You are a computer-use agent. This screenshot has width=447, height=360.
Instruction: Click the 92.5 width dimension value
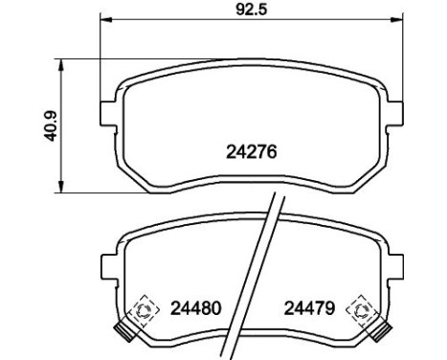click(x=251, y=9)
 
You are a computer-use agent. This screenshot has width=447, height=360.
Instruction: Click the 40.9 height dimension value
click(x=51, y=126)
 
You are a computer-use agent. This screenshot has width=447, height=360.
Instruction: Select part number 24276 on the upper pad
click(x=252, y=151)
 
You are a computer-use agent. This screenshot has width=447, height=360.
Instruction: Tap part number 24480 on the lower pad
click(x=195, y=308)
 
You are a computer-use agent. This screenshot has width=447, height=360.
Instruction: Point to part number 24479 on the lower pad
click(x=309, y=308)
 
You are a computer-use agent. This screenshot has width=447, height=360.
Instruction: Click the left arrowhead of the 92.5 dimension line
click(x=106, y=20)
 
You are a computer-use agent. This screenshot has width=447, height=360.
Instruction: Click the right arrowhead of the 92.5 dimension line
click(x=397, y=20)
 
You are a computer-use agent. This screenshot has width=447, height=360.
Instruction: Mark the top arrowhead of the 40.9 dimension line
click(x=61, y=65)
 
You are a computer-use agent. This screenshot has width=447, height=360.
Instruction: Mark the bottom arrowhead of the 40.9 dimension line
click(x=61, y=187)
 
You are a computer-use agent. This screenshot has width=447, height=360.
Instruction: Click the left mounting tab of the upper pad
click(x=108, y=113)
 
